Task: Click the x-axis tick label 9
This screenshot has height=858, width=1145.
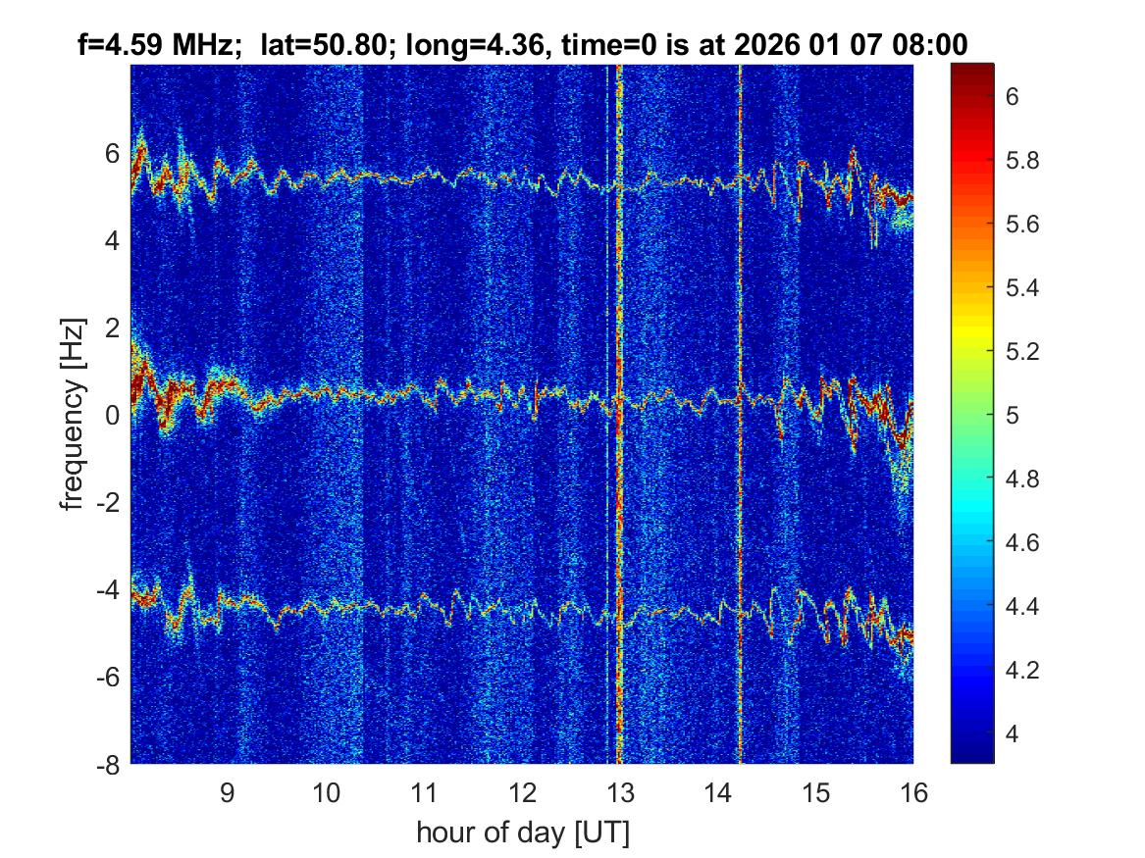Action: click(x=227, y=792)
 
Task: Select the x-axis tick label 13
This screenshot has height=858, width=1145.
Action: click(x=619, y=792)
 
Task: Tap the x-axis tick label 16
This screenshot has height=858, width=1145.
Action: click(x=913, y=792)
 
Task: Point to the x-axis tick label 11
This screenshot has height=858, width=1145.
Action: click(x=423, y=792)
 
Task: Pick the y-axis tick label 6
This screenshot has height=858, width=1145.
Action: click(x=112, y=154)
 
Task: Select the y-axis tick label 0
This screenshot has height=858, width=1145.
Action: click(x=112, y=416)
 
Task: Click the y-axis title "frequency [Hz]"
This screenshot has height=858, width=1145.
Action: click(x=72, y=414)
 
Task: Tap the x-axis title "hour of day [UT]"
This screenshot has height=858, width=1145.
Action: click(x=522, y=833)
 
